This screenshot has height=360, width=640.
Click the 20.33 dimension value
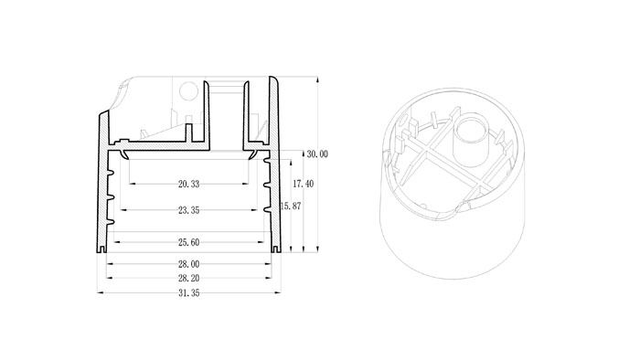(188, 184)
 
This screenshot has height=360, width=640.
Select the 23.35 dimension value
(188, 210)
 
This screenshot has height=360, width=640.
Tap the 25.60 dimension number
(188, 242)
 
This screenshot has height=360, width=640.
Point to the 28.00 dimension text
(188, 264)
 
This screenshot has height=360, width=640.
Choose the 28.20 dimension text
(188, 279)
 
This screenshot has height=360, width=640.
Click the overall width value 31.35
(188, 293)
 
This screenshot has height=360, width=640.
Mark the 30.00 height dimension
(317, 154)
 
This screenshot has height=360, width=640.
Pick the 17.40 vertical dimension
(304, 184)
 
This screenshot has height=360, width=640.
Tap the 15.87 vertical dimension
(291, 206)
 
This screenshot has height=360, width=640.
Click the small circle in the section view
(188, 91)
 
